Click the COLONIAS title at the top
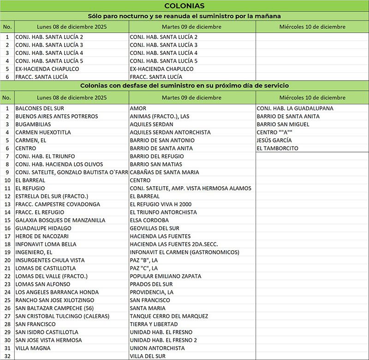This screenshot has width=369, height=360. point(184,6)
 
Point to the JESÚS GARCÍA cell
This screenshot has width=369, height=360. point(274,140)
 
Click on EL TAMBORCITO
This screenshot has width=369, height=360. point(277,148)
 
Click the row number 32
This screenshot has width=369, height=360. point(7,356)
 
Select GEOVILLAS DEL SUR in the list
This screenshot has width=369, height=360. point(155,228)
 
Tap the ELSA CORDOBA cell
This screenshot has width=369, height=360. point(149,220)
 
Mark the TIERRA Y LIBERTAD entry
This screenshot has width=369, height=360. point(152,324)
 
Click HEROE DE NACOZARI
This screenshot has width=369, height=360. point(42,236)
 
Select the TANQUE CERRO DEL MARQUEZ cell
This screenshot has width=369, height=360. point(169,316)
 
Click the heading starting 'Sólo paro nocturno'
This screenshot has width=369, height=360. point(184,16)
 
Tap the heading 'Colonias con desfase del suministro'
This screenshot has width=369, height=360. point(184,86)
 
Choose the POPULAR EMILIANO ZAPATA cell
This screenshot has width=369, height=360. point(166,276)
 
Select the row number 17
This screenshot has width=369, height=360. point(7,236)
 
